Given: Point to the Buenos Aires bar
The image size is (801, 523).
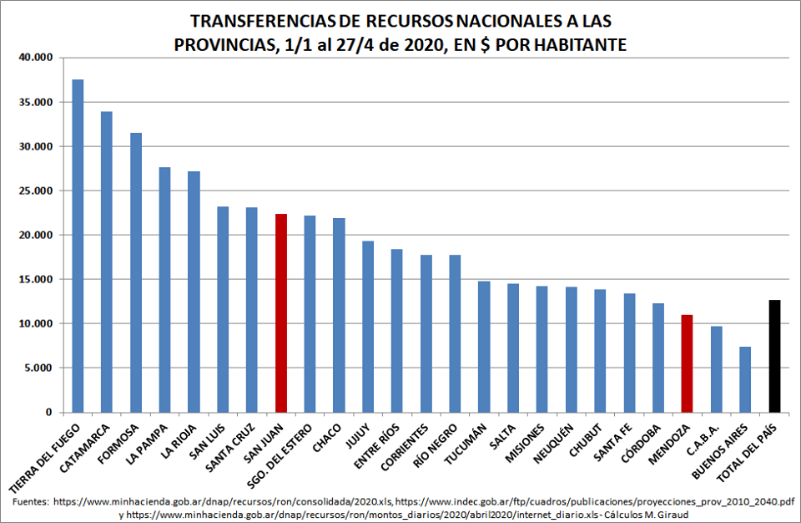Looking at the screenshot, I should [x=745, y=379].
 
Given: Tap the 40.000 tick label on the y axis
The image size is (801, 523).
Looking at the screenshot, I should [x=35, y=58].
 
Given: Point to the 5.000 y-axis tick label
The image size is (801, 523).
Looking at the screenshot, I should [x=38, y=368].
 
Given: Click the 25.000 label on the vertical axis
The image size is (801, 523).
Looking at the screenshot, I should [x=35, y=190].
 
